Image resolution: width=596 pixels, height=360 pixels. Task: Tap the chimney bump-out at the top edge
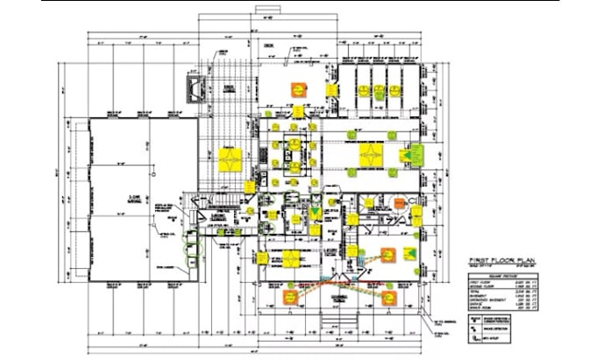click(266, 11)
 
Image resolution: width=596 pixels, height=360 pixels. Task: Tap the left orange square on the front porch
click(290, 298)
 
